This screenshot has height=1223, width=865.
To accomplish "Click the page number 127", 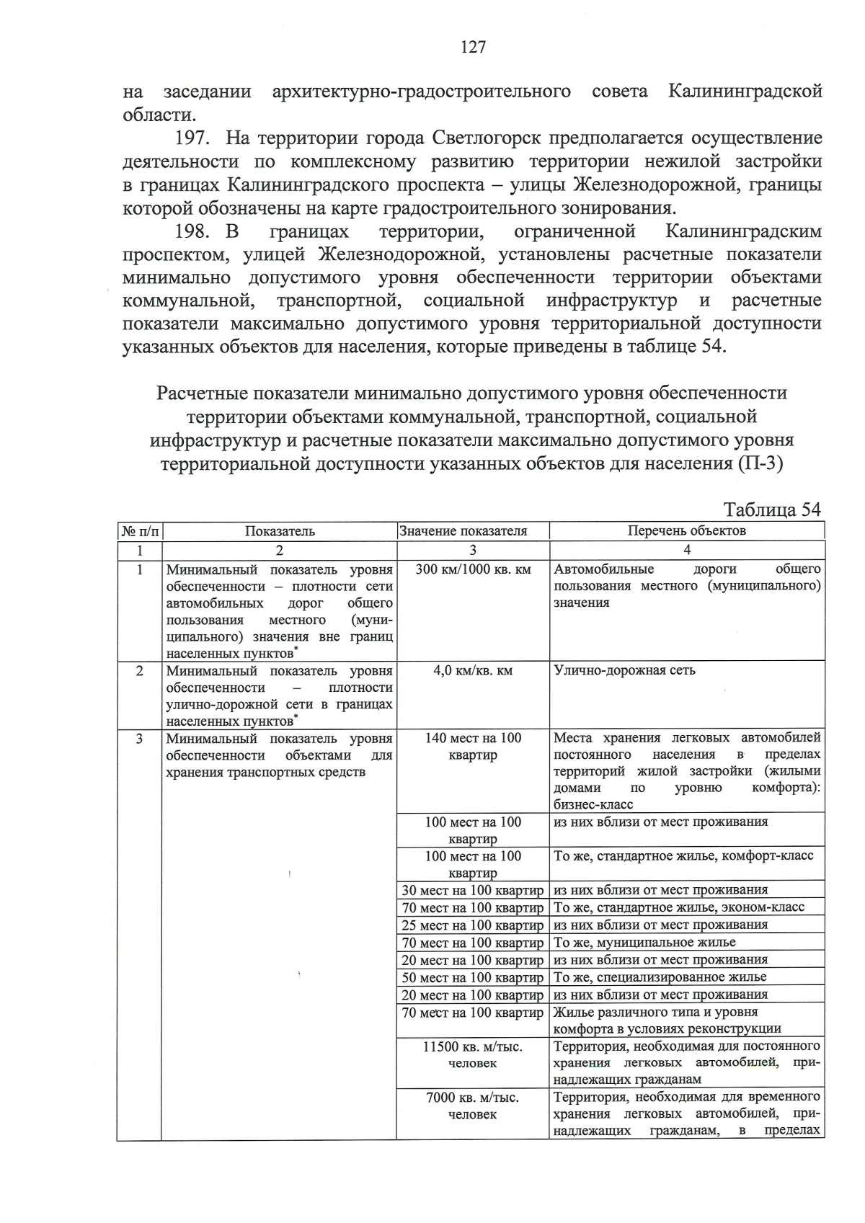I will tap(473, 47).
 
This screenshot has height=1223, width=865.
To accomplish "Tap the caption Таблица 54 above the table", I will tap(772, 509).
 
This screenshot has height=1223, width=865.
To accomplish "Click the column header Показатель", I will tap(280, 531).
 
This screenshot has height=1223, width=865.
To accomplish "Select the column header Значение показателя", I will tap(472, 531).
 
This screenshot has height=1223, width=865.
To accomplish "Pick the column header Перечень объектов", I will tap(686, 531).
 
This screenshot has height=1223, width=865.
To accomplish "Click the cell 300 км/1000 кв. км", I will tap(472, 569).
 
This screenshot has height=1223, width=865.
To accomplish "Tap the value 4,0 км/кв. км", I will tap(472, 671).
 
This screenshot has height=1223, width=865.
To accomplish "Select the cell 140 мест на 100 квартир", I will tap(472, 747).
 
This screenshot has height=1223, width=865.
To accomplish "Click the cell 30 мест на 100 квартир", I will tap(472, 890).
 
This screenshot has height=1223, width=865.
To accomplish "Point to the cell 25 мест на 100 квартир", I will tap(472, 925).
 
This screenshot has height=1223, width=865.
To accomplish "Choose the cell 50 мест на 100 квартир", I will tap(472, 977).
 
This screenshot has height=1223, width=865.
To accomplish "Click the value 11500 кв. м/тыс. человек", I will tap(472, 1054).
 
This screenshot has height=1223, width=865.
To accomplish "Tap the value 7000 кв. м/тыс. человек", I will tap(472, 1106).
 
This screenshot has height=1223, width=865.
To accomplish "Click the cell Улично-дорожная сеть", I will tap(624, 670).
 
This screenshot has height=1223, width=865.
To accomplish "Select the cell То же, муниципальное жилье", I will tap(644, 942).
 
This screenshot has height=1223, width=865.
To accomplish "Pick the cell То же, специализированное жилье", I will tap(660, 977).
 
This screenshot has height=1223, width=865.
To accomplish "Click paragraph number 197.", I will tap(192, 138).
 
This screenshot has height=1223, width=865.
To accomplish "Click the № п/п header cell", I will tap(139, 531).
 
